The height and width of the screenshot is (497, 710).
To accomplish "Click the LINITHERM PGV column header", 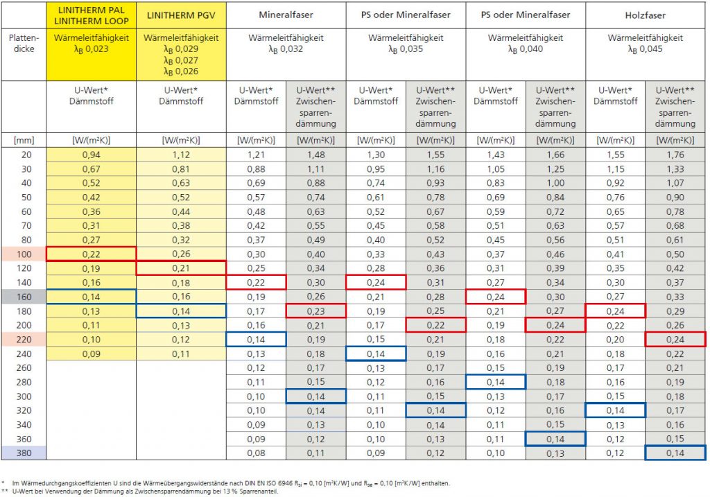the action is point(181,15).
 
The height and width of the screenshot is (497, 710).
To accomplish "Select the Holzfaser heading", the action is point(646,15).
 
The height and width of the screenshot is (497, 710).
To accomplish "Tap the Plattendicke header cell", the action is point(24,43).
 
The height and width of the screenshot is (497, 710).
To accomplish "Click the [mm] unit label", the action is point(24,140).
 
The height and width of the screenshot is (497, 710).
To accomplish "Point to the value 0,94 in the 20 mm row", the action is point(91,155).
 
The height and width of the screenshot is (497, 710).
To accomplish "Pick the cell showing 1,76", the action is point(675,155).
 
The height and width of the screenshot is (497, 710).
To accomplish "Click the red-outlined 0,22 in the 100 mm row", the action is point(91,254).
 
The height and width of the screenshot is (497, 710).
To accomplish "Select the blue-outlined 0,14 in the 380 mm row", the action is point(675,453).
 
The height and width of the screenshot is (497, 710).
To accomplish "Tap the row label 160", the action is point(24,297).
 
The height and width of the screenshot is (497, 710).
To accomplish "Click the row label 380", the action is point(24,453).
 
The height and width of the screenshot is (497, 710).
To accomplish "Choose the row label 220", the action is point(24,340).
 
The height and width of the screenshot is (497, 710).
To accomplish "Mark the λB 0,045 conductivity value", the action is point(646,49).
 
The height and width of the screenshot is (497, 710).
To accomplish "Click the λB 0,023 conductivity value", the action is point(91,49).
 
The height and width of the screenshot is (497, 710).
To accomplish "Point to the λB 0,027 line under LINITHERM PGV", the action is point(181,61).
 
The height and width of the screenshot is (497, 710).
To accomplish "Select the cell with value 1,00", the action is point(555,183).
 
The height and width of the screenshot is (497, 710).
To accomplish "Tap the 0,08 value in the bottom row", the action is point(256,453).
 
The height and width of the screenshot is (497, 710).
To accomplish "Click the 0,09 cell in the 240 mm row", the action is point(91,354).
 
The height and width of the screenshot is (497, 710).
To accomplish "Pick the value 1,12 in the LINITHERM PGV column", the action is point(181,155).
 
